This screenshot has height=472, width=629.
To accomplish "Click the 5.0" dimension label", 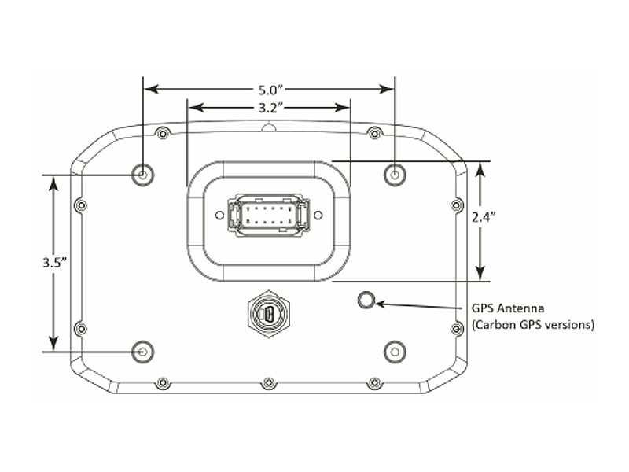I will click(x=269, y=89).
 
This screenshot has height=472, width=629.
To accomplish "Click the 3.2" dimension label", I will click(x=269, y=105).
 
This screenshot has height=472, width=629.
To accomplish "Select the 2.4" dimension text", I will click(x=484, y=218).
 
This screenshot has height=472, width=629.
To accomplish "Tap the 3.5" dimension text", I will click(x=53, y=264).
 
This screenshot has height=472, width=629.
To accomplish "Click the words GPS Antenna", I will click(x=506, y=309).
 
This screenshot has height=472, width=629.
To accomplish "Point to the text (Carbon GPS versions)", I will click(x=532, y=324).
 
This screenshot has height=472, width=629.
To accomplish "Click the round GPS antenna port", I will click(x=366, y=300).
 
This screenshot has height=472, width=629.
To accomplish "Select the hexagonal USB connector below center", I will click(x=268, y=315).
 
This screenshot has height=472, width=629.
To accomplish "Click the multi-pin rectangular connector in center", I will click(x=268, y=215).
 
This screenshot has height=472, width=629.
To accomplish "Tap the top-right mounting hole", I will click(x=394, y=173).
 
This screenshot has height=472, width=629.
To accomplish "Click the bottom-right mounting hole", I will click(x=394, y=351).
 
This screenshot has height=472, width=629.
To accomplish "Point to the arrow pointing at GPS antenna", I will click(x=417, y=304).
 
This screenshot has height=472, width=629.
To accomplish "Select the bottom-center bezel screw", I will click(x=269, y=383).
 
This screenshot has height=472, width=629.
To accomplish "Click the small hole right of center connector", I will click(x=318, y=215).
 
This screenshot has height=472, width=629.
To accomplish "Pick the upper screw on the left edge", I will click(x=80, y=206).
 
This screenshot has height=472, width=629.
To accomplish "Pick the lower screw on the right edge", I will click(x=457, y=327).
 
